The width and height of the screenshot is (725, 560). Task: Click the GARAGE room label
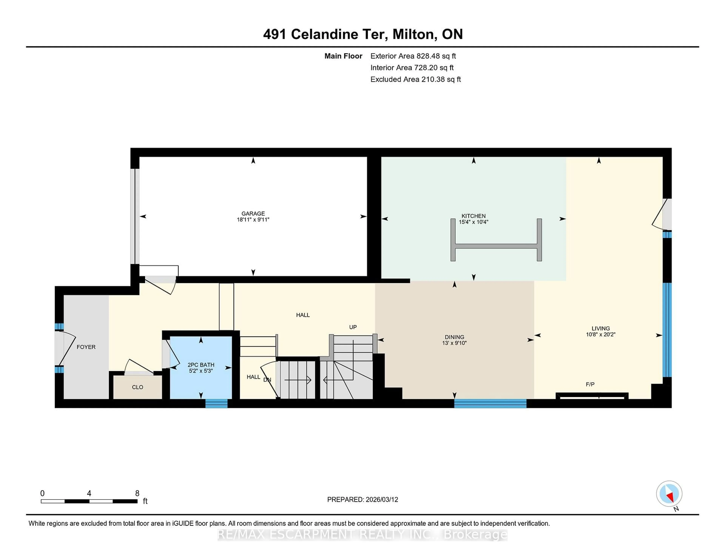(x=253, y=213)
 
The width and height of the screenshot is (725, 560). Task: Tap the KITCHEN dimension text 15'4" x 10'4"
(x=473, y=222)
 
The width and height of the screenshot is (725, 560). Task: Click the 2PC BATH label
(x=201, y=365)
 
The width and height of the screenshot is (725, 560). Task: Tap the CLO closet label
(x=137, y=387)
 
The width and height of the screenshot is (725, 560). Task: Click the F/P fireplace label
(x=590, y=384)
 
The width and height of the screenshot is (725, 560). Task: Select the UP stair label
(x=352, y=327)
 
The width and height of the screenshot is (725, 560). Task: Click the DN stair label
(x=267, y=379)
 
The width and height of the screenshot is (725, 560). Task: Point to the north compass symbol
(x=669, y=493)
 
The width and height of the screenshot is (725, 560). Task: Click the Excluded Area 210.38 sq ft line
(x=415, y=79)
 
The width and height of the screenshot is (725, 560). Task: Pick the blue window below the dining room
(x=490, y=403)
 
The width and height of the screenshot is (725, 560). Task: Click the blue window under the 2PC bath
(x=216, y=403)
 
